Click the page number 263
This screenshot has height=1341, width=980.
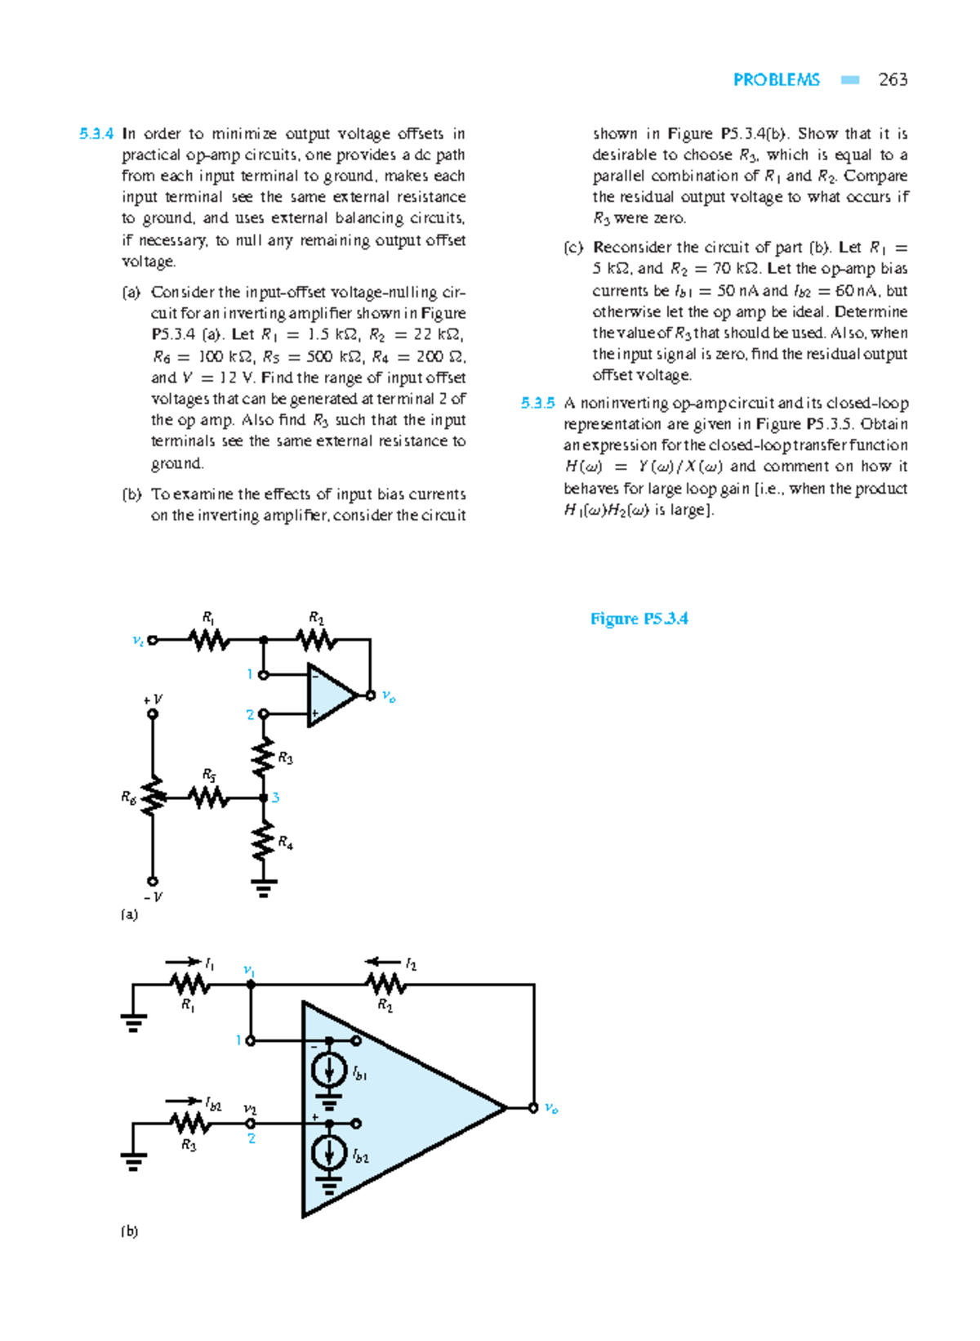[892, 79]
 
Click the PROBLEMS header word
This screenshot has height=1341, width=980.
[776, 79]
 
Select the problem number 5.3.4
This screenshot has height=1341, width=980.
[96, 134]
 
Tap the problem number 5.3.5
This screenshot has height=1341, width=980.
[537, 403]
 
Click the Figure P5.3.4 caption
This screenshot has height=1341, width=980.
[639, 619]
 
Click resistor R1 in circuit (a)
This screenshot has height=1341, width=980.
[210, 640]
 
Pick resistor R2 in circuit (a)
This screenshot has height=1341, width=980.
[317, 640]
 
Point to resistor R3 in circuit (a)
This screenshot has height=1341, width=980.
[263, 758]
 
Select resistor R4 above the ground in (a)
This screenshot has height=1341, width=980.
[263, 842]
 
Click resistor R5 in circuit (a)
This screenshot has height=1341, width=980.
[209, 797]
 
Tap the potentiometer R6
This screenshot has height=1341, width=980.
[153, 797]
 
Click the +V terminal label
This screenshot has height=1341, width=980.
[153, 700]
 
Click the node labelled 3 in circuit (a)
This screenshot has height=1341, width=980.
[264, 798]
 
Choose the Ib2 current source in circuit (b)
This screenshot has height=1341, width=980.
[329, 1153]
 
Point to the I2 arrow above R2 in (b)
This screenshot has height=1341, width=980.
[383, 962]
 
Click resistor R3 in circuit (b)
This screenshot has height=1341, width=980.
[189, 1124]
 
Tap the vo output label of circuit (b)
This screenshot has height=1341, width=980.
[551, 1109]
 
